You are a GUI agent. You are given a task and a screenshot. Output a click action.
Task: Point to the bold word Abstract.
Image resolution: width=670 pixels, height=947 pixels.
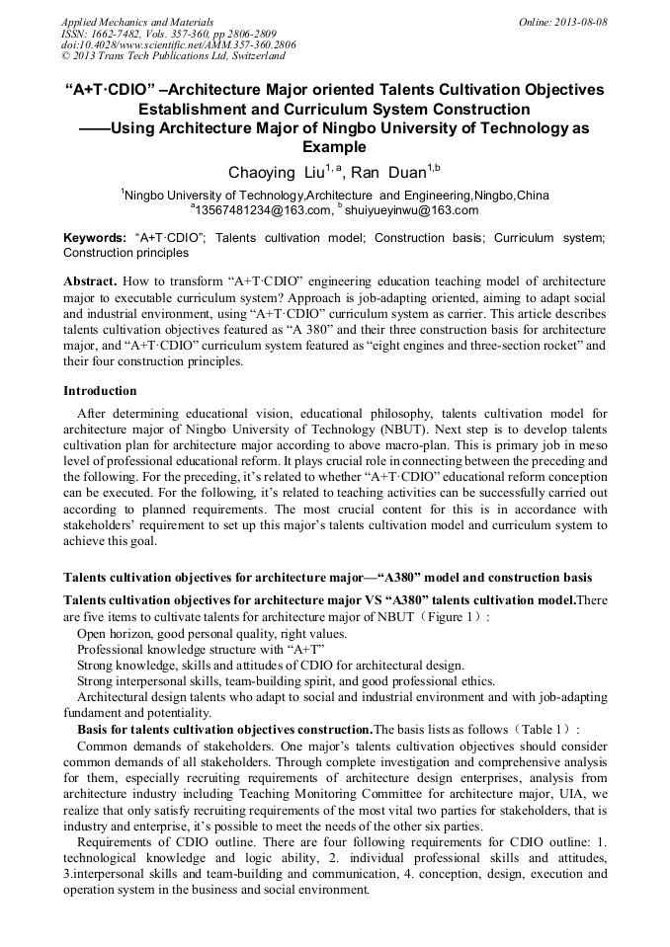(x=90, y=281)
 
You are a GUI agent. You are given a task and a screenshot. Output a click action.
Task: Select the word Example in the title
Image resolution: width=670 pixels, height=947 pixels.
(x=334, y=146)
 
